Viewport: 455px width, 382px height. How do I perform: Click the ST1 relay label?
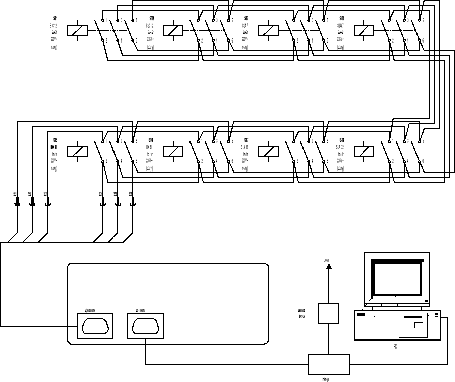(55, 18)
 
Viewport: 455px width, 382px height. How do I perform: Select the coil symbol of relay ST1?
(78, 30)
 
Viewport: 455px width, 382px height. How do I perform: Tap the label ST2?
(151, 18)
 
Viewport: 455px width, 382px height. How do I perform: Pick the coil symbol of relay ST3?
(269, 30)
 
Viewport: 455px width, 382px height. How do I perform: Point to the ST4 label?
(342, 18)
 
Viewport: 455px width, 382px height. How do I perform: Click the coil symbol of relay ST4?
(364, 30)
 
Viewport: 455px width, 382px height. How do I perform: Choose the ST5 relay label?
(55, 139)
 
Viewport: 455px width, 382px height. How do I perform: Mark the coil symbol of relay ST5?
(78, 152)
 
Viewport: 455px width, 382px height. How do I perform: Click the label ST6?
(151, 139)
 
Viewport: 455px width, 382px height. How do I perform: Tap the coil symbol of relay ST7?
(269, 152)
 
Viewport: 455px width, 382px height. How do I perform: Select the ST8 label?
(342, 139)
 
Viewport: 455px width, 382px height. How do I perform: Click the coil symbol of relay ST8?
(364, 152)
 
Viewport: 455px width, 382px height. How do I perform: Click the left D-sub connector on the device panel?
(95, 326)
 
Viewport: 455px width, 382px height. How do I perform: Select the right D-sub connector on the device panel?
(145, 326)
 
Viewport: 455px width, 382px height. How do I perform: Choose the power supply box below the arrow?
(328, 313)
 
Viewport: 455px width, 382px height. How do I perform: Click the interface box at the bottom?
(328, 364)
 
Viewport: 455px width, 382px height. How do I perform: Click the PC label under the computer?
(395, 347)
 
